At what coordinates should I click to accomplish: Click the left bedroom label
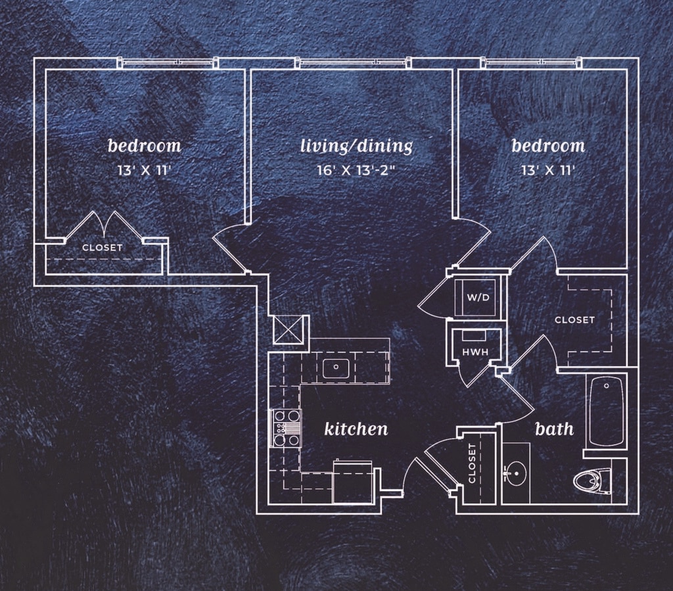pos(144,145)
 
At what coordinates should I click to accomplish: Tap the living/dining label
pos(356,145)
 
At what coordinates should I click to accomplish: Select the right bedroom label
pos(548,145)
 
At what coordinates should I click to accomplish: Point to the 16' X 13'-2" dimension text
pos(356,171)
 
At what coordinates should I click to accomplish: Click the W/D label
pos(478,297)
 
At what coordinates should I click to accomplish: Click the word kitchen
pos(356,429)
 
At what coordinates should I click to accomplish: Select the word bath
pos(554,429)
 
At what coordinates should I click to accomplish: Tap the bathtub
pos(605,411)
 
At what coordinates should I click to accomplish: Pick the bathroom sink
pos(516,471)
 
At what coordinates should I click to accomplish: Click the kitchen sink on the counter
pos(336,367)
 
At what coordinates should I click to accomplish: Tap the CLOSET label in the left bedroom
pos(102,248)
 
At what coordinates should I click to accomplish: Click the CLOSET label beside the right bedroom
pos(574,320)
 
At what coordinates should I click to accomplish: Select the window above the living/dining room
pos(356,63)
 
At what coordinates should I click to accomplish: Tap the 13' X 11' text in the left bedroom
pos(144,171)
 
